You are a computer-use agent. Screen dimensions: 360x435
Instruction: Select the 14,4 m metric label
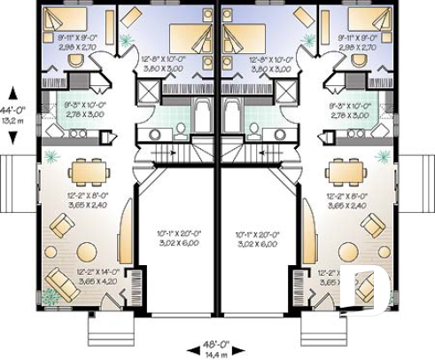(x=216, y=353)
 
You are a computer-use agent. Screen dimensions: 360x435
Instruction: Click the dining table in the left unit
(x=85, y=168)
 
